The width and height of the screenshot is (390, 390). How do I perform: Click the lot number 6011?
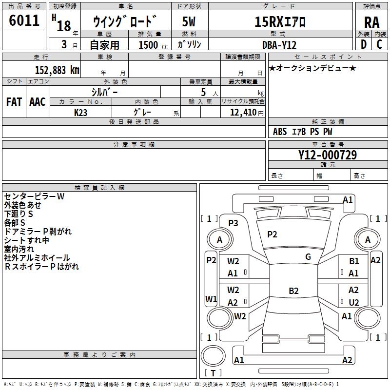(x=24, y=20)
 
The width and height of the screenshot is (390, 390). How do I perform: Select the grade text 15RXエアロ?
(x=280, y=22)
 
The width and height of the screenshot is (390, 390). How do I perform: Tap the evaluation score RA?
(x=372, y=22)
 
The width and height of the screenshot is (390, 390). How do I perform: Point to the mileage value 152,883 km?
(x=57, y=70)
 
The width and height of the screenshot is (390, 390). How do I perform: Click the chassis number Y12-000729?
(x=328, y=155)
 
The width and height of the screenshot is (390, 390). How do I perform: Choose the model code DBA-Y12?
(x=279, y=45)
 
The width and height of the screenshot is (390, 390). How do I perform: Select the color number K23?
(x=80, y=113)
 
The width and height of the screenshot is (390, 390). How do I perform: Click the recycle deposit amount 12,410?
(x=243, y=113)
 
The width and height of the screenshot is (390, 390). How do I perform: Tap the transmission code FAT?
(x=14, y=102)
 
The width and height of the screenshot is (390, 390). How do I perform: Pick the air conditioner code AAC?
(x=38, y=102)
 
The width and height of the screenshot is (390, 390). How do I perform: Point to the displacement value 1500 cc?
(x=153, y=45)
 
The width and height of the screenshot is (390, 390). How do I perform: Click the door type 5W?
(x=189, y=22)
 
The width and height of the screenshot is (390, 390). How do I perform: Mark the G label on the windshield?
(x=308, y=257)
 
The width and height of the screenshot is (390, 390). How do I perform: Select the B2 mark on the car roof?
(x=293, y=291)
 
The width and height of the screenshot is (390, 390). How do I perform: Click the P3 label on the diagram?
(x=233, y=223)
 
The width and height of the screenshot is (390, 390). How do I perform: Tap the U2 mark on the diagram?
(x=354, y=302)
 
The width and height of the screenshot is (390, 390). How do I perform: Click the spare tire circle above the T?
(x=213, y=356)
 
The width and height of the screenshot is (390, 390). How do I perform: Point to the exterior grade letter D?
(x=364, y=44)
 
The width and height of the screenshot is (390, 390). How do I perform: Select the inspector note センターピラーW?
(x=34, y=196)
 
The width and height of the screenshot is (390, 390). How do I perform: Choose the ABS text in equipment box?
(x=280, y=132)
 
